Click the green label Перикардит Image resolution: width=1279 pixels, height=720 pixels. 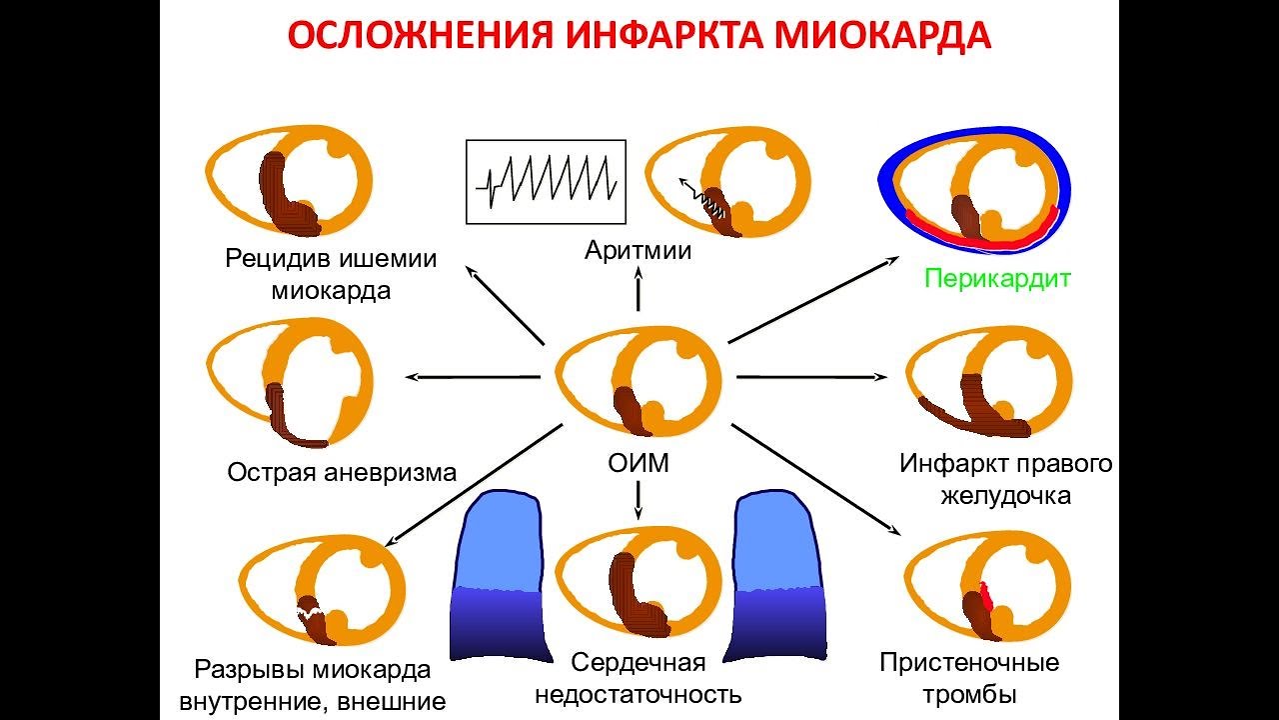click(997, 278)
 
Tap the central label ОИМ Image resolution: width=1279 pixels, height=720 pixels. click(638, 463)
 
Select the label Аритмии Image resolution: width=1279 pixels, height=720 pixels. click(638, 250)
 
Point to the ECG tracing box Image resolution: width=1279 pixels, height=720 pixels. click(546, 181)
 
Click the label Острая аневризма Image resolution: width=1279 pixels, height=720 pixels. click(342, 472)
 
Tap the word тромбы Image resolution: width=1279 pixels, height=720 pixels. click(969, 693)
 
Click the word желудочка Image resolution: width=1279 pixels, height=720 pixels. click(1005, 495)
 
